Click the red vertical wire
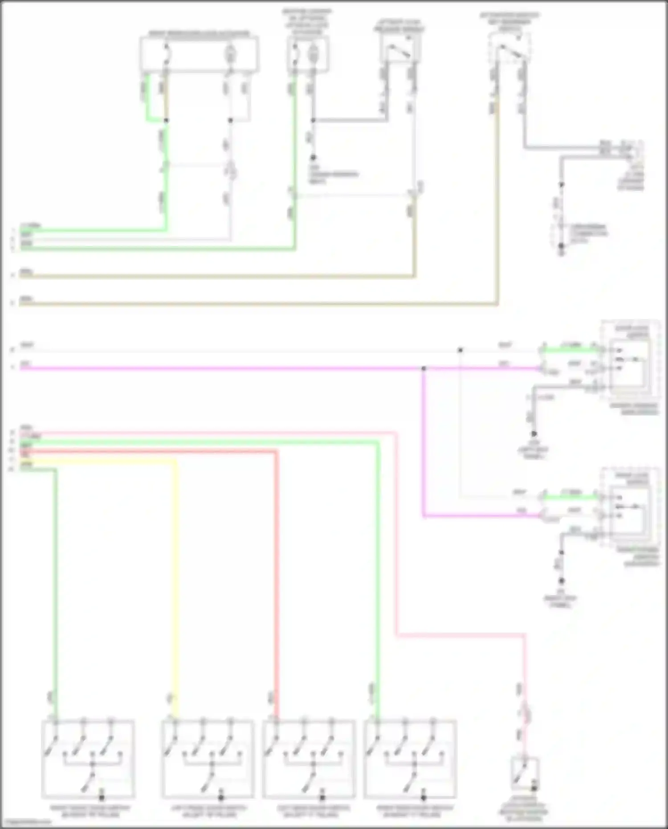click(x=276, y=579)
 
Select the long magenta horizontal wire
click(x=223, y=368)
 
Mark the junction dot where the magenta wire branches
click(x=424, y=368)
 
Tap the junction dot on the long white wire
click(x=460, y=351)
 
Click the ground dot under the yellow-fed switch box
click(x=221, y=798)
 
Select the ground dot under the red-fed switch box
click(x=322, y=798)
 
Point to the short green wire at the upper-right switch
click(x=570, y=350)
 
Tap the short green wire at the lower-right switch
click(x=570, y=497)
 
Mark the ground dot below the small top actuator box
click(x=313, y=157)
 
